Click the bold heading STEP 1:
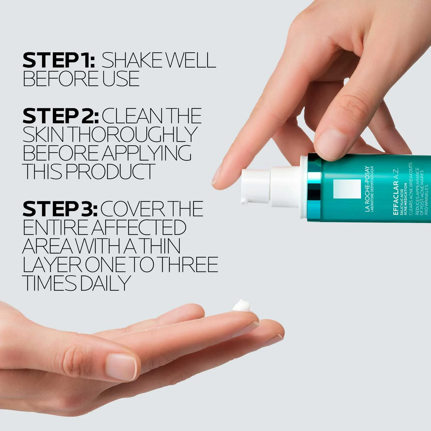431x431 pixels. click(59, 60)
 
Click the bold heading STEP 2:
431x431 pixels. click(60, 116)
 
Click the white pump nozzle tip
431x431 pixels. click(244, 201)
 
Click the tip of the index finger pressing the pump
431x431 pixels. click(218, 180)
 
